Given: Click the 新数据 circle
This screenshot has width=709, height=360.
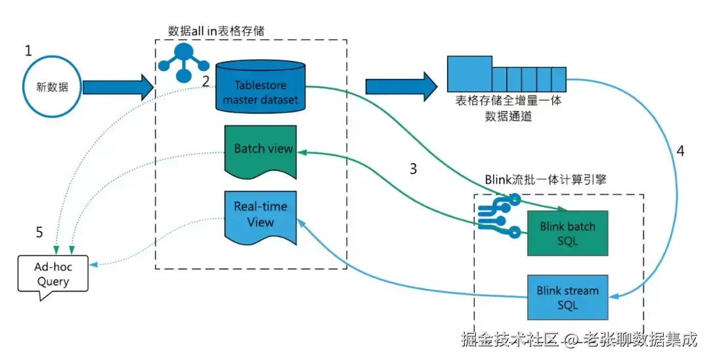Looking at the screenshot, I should tap(51, 87).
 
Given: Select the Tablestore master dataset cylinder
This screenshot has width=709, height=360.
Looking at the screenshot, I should tap(260, 85).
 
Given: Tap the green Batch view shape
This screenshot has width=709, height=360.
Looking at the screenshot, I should tap(261, 150).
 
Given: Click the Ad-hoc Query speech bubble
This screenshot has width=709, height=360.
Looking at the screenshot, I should tap(53, 275).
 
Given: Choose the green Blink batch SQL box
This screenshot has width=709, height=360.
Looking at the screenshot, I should tap(567, 233).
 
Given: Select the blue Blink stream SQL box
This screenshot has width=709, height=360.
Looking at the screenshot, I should tap(567, 296).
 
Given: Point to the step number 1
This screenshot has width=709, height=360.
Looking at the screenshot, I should tap(28, 51).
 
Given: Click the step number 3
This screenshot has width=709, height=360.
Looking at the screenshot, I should tap(413, 169).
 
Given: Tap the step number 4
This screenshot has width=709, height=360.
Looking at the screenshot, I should tap(680, 150).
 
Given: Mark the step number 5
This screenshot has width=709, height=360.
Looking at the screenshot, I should tap(39, 232).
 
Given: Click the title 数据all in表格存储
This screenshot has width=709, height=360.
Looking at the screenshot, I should tap(217, 30).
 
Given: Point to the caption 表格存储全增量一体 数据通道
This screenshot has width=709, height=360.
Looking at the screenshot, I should tap(508, 109).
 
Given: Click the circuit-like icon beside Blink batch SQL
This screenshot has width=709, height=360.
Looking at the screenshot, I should tap(498, 215).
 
